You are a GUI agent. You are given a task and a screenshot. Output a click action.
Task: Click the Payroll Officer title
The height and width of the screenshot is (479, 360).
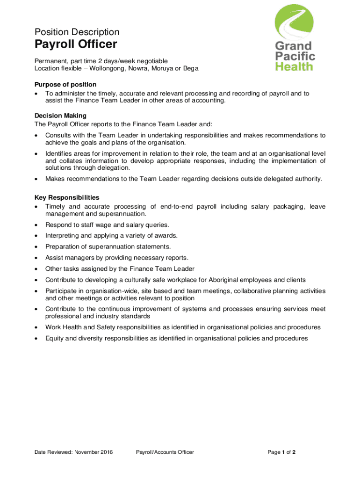point(76,44)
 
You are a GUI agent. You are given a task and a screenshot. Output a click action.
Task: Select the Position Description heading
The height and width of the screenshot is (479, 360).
point(77,32)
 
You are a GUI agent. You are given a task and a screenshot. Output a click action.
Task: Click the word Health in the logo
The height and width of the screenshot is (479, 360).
point(294,66)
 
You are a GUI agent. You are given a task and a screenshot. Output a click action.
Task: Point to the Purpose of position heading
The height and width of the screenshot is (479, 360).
point(65,84)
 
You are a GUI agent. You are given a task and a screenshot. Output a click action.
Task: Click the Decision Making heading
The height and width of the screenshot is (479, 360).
point(60,115)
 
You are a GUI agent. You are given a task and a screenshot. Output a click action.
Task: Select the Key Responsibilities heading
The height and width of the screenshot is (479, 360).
point(67,197)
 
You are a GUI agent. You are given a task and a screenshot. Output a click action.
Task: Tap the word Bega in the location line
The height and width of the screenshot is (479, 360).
point(190,68)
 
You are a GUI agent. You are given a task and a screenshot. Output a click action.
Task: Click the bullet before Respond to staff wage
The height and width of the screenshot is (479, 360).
point(36,225)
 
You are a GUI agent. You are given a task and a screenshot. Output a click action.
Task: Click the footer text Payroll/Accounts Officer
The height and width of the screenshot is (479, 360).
point(165,452)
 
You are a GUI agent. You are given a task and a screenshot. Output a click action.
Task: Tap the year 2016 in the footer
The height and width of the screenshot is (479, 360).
point(106,452)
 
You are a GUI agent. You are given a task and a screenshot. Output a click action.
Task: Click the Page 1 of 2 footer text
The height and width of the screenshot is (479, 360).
point(281,452)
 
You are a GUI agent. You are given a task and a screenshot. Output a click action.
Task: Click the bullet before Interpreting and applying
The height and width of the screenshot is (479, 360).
point(36,236)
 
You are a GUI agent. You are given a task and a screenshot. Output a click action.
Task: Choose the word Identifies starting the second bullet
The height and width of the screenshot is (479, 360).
point(59,153)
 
